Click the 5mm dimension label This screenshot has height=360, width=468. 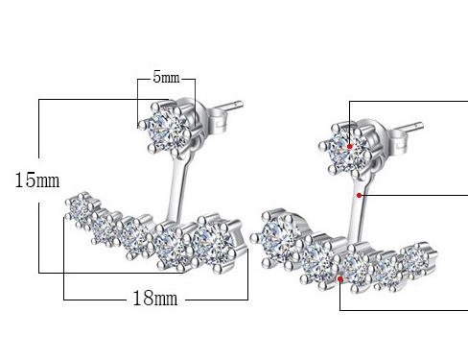click(166, 78)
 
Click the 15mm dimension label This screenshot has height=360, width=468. click(37, 180)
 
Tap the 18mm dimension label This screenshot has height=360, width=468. click(155, 299)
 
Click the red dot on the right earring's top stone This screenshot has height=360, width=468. click(349, 146)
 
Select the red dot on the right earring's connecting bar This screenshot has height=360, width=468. click(359, 195)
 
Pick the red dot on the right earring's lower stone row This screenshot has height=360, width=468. click(340, 279)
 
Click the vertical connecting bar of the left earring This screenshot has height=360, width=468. click(176, 190)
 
